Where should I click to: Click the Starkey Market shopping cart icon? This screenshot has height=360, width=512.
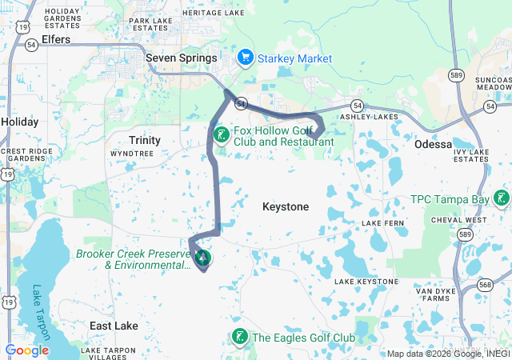(x=246, y=58)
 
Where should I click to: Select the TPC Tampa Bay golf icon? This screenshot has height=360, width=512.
(x=501, y=198)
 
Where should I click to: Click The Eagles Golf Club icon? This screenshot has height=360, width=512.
(x=238, y=338)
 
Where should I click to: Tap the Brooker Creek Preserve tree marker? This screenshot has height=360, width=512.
(x=203, y=258)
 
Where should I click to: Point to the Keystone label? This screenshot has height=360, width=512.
(x=286, y=207)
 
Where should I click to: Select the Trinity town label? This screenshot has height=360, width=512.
(x=144, y=140)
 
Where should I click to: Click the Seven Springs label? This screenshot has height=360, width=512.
(x=182, y=58)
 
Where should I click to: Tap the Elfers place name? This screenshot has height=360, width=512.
(x=55, y=39)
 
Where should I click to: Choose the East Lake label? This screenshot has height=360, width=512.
(x=114, y=326)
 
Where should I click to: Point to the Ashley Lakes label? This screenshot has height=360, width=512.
(x=369, y=117)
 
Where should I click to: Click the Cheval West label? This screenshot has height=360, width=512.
(x=458, y=220)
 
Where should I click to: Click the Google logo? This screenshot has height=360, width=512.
(x=26, y=350)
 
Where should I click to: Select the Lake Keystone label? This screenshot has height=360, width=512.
(x=366, y=282)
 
